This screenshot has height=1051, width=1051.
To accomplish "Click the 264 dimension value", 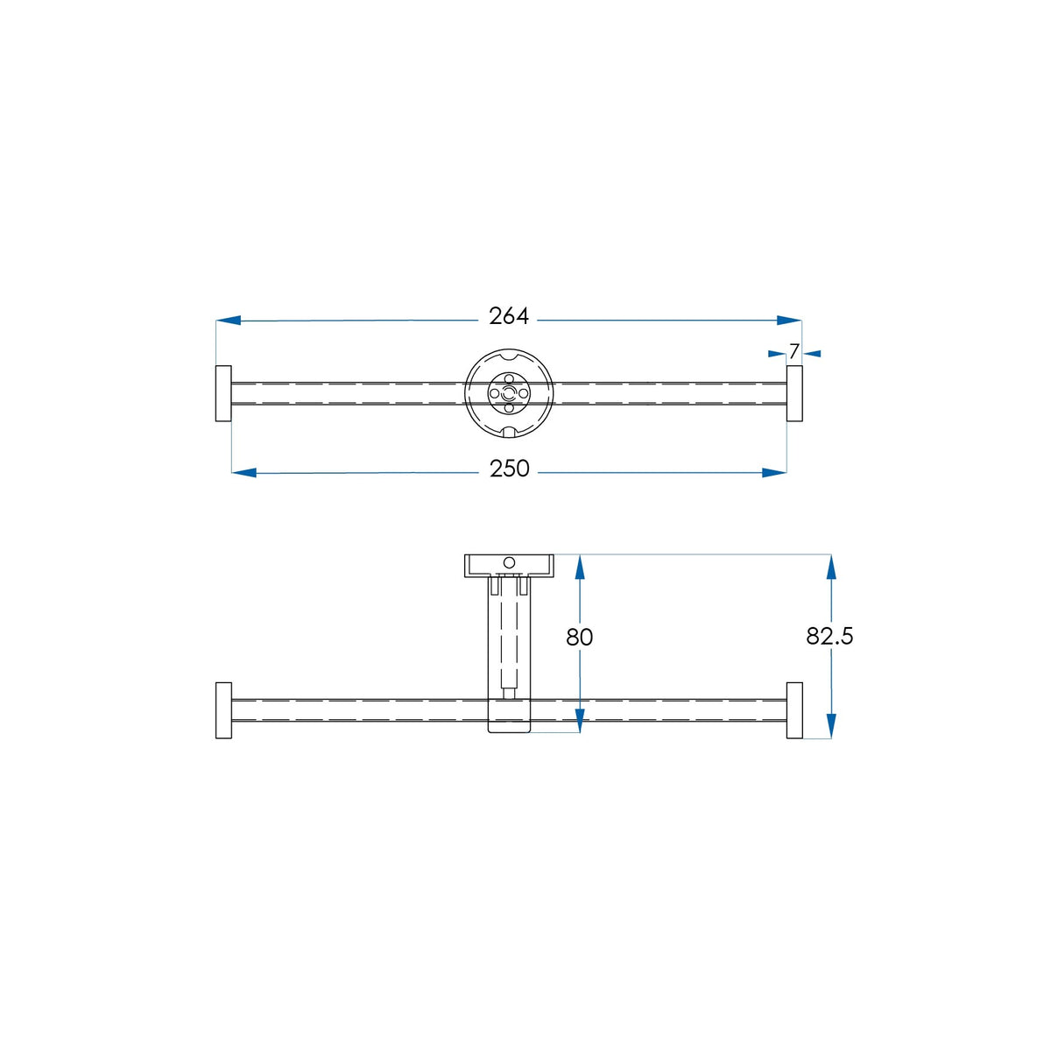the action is coord(508,316).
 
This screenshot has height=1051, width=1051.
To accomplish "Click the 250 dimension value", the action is coord(509,469).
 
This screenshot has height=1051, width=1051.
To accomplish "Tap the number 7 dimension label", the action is coord(794,352).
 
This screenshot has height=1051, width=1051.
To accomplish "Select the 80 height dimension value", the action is coord(579,637).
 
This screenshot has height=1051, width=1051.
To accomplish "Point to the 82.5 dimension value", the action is coord(829,636).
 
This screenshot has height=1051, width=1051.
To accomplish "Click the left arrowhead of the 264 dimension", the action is coord(228,321).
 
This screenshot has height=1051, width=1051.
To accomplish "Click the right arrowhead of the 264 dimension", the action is coord(789,321).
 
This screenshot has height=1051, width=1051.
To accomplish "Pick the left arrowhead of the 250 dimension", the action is coord(243,472).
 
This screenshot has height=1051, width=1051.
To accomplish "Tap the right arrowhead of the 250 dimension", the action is coord(774,472).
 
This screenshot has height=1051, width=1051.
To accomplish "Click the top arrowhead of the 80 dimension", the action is coord(580,567).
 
